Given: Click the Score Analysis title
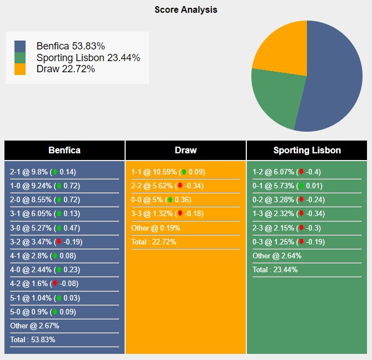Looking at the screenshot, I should (186, 10).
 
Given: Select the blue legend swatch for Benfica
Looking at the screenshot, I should (20, 46).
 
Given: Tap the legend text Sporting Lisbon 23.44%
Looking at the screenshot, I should (88, 58).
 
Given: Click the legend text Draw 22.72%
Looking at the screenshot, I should (66, 69).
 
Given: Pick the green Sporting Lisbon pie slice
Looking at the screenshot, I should (275, 100).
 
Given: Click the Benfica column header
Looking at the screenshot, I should (65, 150).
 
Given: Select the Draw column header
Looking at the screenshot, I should (186, 150).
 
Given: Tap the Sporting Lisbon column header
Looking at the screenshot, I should (307, 150).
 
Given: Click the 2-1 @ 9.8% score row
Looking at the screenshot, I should (43, 172).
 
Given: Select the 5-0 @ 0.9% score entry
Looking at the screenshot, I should (43, 312).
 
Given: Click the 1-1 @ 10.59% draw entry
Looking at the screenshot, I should (168, 172).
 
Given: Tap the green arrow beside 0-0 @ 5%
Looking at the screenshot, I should (170, 199).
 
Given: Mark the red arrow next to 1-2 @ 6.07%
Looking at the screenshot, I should (301, 172).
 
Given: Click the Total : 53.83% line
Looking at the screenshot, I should (32, 339).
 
